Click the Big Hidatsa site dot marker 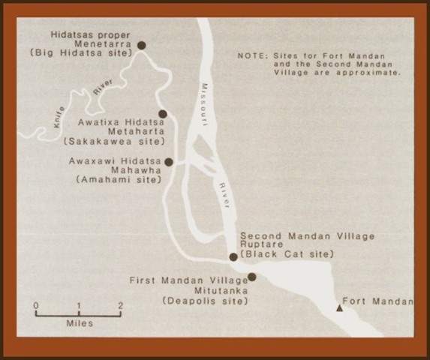141,46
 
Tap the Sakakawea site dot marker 162,115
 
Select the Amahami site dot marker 169,162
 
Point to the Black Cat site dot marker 233,256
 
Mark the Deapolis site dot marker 252,277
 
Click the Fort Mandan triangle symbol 340,307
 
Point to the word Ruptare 261,244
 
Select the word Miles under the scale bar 79,324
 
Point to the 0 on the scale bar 37,304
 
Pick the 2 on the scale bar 120,304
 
